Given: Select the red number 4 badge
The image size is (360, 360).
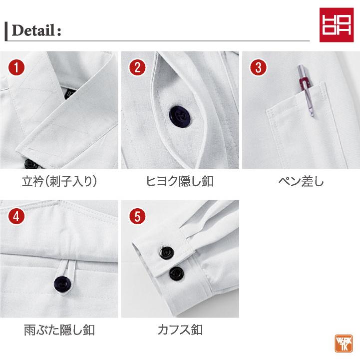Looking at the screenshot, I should pyautogui.click(x=16, y=216).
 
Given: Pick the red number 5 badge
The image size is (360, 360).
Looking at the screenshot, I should pyautogui.click(x=137, y=216).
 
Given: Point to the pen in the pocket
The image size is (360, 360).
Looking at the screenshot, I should pyautogui.click(x=304, y=90).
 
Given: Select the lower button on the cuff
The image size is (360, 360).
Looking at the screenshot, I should pyautogui.click(x=175, y=273).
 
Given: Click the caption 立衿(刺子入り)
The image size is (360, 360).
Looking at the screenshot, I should pyautogui.click(x=59, y=181).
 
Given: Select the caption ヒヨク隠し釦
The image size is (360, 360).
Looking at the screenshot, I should pyautogui.click(x=180, y=181).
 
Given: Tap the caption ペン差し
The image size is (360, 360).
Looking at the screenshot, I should pyautogui.click(x=301, y=181).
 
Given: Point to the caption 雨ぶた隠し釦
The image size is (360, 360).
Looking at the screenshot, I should pyautogui.click(x=59, y=330).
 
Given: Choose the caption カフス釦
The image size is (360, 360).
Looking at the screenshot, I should pyautogui.click(x=180, y=330).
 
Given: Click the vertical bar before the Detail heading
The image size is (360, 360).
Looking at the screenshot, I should pyautogui.click(x=6, y=31).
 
